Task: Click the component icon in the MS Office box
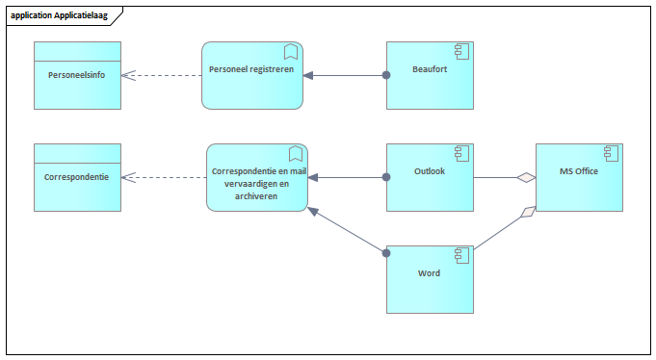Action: [x=610, y=153]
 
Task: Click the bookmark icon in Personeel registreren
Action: [x=290, y=52]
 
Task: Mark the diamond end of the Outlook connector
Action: [x=525, y=177]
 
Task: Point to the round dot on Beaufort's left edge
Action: [x=386, y=75]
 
